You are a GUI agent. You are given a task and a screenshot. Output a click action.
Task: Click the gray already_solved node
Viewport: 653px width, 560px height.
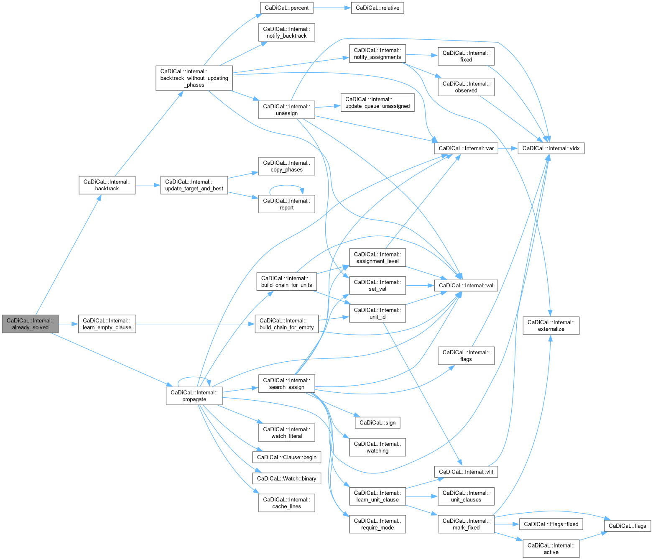pyautogui.click(x=30, y=324)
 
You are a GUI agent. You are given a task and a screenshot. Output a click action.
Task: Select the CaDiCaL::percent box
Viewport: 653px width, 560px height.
pyautogui.click(x=286, y=8)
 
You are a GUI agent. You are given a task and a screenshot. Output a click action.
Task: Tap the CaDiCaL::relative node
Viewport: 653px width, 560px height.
pyautogui.click(x=377, y=8)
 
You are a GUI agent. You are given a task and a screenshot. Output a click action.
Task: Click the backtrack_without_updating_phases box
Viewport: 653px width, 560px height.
pyautogui.click(x=194, y=78)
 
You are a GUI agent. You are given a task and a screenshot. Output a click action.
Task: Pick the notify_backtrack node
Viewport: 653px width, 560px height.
pyautogui.click(x=286, y=32)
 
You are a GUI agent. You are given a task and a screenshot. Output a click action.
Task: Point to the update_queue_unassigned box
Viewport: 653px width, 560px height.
pyautogui.click(x=377, y=102)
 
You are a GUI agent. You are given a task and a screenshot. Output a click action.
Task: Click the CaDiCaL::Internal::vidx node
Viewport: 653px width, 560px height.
pyautogui.click(x=551, y=148)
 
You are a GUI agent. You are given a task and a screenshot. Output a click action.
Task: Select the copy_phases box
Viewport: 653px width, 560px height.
pyautogui.click(x=286, y=166)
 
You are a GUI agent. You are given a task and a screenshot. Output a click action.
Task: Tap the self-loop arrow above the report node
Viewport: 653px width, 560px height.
pyautogui.click(x=286, y=186)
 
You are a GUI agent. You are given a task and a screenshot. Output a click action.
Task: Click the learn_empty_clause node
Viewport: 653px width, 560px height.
pyautogui.click(x=107, y=324)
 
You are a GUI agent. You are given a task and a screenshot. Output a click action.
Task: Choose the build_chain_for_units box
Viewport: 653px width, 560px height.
pyautogui.click(x=286, y=281)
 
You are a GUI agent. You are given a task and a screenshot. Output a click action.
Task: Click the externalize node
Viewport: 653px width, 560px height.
pyautogui.click(x=551, y=325)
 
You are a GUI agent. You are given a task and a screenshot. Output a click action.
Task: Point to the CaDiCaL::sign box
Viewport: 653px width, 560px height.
pyautogui.click(x=377, y=422)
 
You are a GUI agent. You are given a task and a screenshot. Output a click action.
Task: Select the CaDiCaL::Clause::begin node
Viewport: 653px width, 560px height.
pyautogui.click(x=286, y=457)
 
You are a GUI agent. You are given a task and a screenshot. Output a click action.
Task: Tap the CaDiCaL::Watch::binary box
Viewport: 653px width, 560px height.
pyautogui.click(x=286, y=478)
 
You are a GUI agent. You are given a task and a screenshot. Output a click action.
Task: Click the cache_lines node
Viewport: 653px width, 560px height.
pyautogui.click(x=286, y=503)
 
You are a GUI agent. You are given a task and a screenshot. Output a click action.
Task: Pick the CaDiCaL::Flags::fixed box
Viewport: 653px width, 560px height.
pyautogui.click(x=551, y=524)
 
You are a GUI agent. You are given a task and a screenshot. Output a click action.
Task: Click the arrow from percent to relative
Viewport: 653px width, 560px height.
pyautogui.click(x=332, y=8)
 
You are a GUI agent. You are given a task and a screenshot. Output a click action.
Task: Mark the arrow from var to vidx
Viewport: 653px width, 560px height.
pyautogui.click(x=508, y=148)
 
